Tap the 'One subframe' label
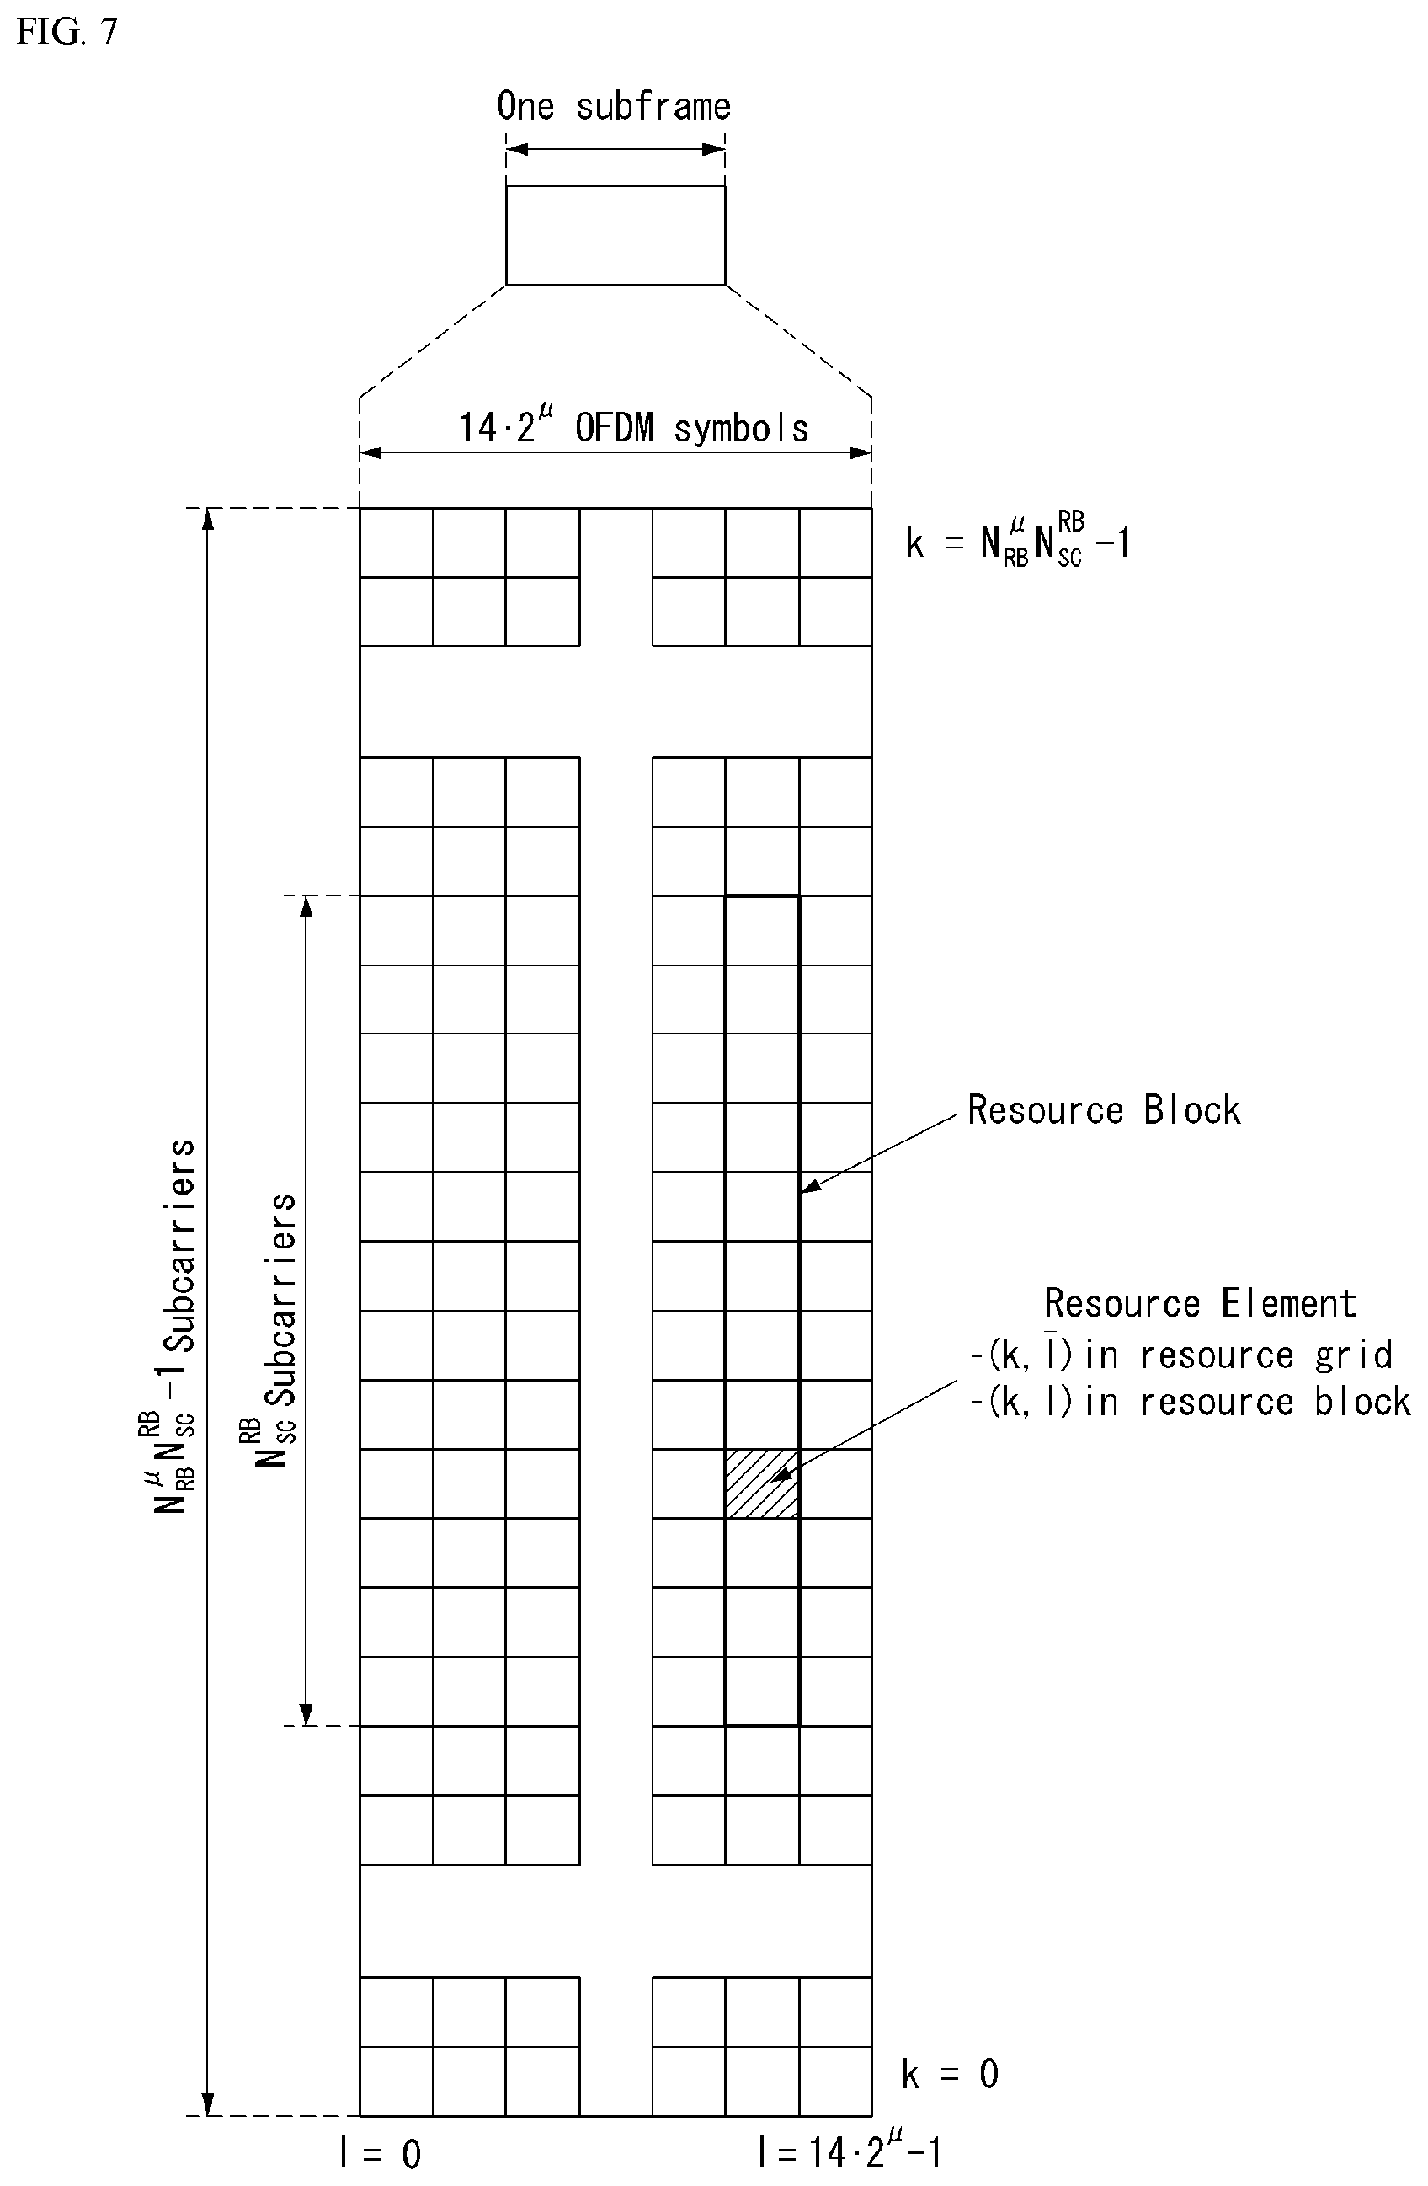click(614, 106)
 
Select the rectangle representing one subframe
click(615, 235)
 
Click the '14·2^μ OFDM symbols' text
click(634, 427)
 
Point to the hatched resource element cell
click(762, 1483)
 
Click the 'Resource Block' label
click(1104, 1109)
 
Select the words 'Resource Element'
click(1199, 1303)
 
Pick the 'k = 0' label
click(951, 2073)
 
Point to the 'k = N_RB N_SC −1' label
click(1017, 542)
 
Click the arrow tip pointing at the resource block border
click(802, 1192)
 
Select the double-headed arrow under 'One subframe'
click(615, 150)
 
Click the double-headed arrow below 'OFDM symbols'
click(615, 452)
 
